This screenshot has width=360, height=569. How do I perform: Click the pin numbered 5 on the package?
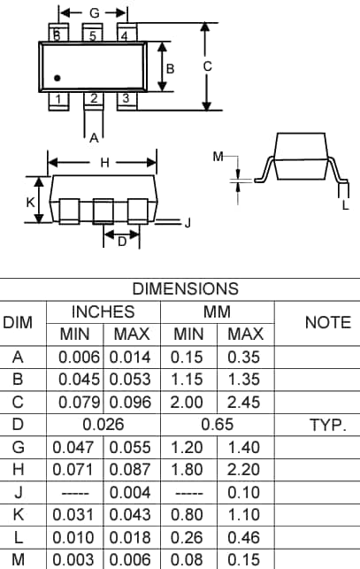(x=93, y=35)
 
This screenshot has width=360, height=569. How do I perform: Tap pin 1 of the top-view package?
(x=57, y=99)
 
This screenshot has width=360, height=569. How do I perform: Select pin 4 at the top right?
(x=126, y=35)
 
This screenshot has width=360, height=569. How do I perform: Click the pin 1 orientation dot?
(x=57, y=79)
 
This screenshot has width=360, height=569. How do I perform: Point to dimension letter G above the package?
(x=94, y=13)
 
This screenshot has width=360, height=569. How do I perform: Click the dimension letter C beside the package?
(x=207, y=66)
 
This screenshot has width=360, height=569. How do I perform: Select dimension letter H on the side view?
(x=103, y=163)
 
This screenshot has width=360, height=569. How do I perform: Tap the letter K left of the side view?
(x=30, y=202)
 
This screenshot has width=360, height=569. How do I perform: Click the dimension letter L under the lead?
(x=345, y=205)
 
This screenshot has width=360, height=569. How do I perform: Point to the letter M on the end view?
(x=218, y=157)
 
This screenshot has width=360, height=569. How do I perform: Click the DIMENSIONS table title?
(x=185, y=288)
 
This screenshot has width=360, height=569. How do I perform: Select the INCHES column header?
(x=103, y=311)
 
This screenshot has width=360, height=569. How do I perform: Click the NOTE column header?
(x=327, y=323)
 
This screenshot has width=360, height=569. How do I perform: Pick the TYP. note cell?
(x=327, y=426)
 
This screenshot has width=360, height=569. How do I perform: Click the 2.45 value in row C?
(x=245, y=403)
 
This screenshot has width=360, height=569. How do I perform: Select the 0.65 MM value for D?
(x=218, y=426)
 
